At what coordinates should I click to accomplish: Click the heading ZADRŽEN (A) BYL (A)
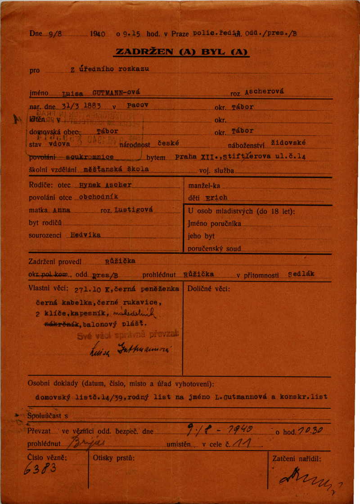[x=182, y=52]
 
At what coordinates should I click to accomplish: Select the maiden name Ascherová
[x=265, y=91]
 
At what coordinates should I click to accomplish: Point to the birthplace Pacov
[x=138, y=105]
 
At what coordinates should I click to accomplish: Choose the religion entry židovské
[x=289, y=143]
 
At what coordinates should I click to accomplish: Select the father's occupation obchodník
[x=98, y=197]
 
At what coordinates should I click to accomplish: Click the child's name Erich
[x=216, y=197]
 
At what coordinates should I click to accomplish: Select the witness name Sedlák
[x=302, y=273]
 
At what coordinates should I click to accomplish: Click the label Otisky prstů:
[x=113, y=459]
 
